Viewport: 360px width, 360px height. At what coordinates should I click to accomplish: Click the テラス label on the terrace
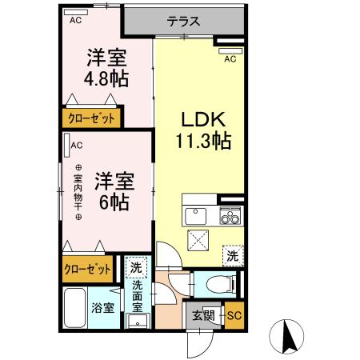(x=183, y=22)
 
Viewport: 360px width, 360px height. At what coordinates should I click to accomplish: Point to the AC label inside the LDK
(x=230, y=59)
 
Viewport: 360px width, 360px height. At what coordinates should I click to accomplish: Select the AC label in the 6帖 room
(x=77, y=146)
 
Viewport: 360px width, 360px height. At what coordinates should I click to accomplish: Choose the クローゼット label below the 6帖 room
(x=89, y=269)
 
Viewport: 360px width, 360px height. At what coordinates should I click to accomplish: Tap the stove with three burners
(x=230, y=216)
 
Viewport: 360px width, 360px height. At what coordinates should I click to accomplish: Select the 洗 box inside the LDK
(x=231, y=257)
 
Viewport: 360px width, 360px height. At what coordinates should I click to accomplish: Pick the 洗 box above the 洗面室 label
(x=136, y=267)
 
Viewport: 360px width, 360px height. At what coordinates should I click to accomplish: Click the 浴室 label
(x=100, y=306)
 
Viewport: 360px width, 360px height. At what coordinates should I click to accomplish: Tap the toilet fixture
(x=216, y=282)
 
